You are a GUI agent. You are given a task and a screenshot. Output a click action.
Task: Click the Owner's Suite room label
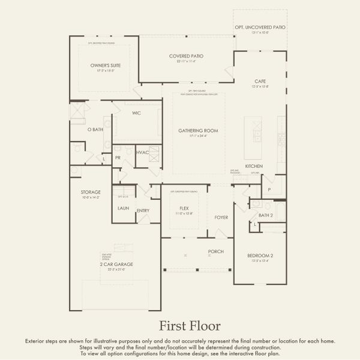tap(101, 65)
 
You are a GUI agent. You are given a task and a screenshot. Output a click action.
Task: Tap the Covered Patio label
tap(186, 56)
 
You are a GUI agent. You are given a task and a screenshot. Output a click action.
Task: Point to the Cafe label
tap(260, 81)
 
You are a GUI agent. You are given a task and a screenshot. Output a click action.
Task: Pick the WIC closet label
tap(136, 112)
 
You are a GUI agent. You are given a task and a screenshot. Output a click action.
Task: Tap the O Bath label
tap(95, 129)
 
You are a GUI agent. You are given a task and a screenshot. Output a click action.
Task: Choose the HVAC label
tap(142, 152)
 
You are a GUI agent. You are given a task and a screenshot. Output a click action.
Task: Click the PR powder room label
tap(118, 157)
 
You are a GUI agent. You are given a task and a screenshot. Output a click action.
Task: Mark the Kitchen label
tap(254, 166)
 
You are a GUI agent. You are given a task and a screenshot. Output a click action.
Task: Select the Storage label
tap(91, 192)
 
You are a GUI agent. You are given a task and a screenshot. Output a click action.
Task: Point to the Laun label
tap(124, 208)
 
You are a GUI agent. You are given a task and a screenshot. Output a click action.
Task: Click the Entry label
tap(143, 211)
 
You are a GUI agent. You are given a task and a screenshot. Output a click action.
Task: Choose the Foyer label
tap(221, 217)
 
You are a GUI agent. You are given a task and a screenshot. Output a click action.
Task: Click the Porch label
tap(216, 251)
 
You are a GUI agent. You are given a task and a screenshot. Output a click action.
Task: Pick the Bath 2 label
tap(266, 215)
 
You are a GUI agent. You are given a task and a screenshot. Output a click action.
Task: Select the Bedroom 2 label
tap(260, 256)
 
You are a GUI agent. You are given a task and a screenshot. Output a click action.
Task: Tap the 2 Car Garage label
tap(116, 264)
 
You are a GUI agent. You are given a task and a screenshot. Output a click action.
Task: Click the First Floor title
tap(190, 326)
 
